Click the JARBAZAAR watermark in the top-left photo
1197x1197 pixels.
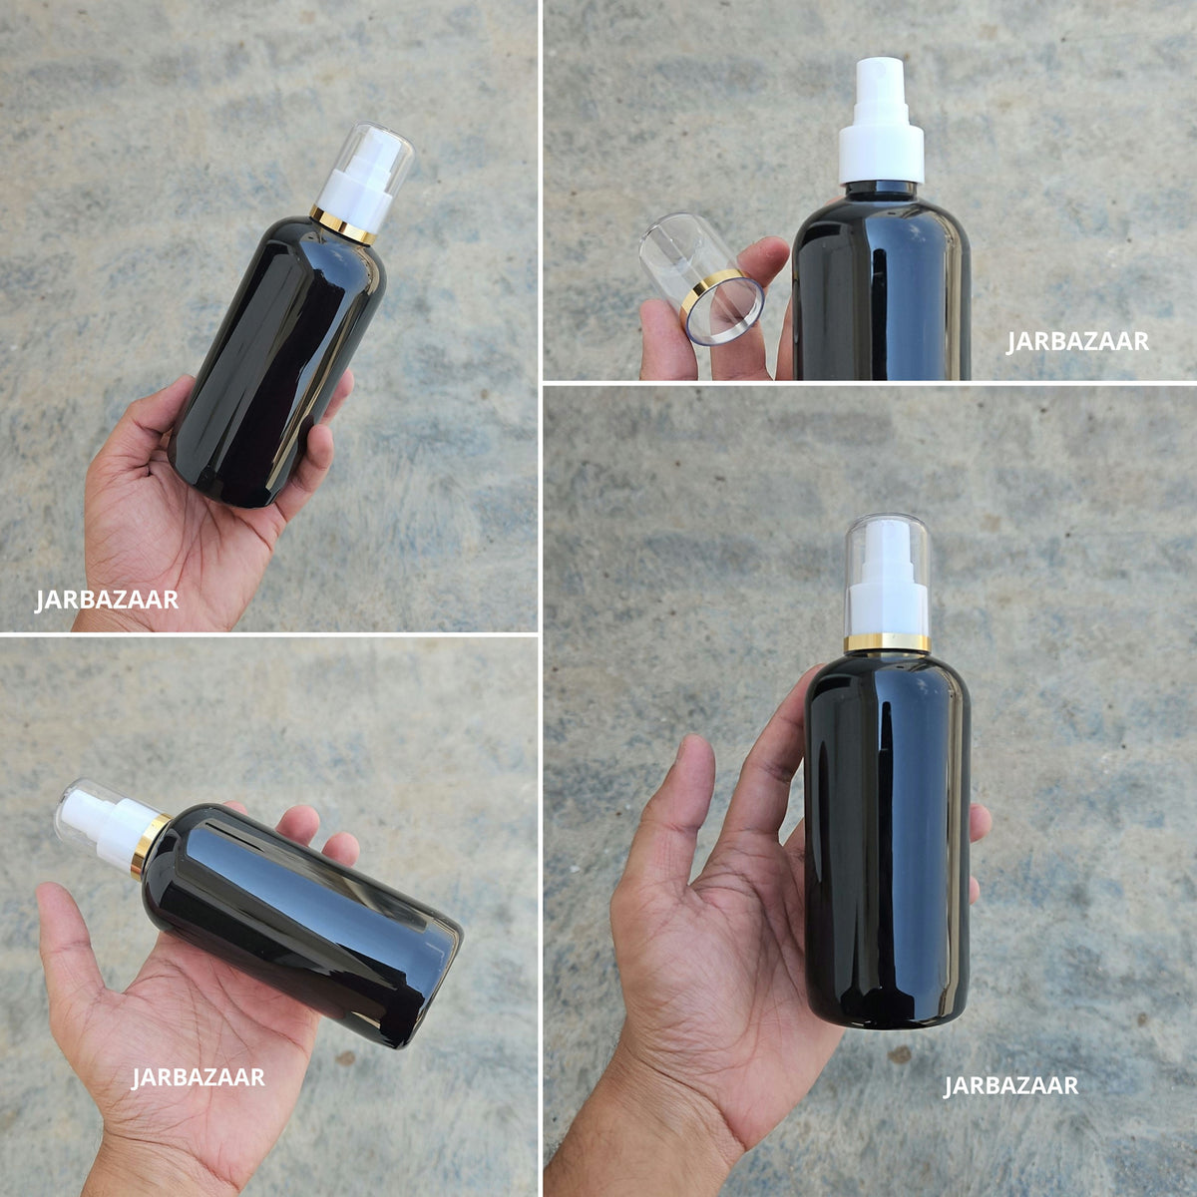click(106, 600)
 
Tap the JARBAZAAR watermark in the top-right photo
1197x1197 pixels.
click(1077, 342)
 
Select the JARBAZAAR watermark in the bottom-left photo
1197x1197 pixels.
click(199, 1077)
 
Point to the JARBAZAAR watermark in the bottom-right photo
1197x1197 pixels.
click(1010, 1085)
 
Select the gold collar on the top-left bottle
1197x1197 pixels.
click(343, 224)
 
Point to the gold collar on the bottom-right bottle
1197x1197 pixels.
click(887, 643)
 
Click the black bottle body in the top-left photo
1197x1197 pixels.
click(277, 360)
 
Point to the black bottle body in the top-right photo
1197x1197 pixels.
click(881, 285)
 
